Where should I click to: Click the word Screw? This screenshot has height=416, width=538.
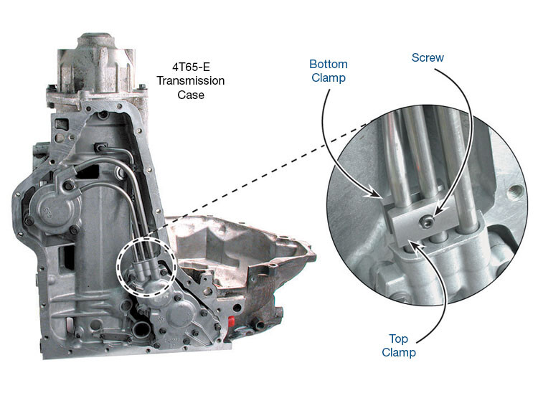click(x=428, y=57)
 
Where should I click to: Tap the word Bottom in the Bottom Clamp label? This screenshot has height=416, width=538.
click(x=329, y=64)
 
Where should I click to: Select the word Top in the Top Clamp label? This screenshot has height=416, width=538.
click(x=398, y=339)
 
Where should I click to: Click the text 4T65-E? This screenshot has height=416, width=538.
click(x=191, y=67)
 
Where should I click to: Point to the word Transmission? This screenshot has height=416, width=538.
click(x=191, y=80)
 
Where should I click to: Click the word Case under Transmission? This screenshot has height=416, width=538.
click(x=191, y=95)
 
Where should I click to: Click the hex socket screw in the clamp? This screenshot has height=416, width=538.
click(x=427, y=223)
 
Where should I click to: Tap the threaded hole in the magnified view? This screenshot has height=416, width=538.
click(x=516, y=191)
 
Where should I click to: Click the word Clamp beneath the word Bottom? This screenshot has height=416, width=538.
click(x=329, y=78)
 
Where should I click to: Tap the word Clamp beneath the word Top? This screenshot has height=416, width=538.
click(x=399, y=353)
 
